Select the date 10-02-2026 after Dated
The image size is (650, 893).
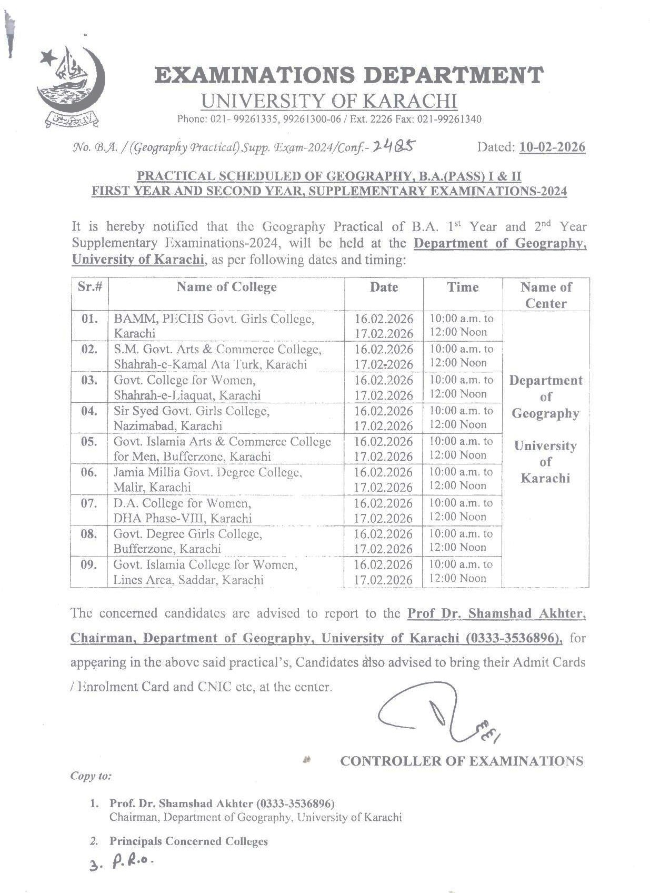pos(552,147)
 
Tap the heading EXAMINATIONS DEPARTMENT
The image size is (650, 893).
pos(348,75)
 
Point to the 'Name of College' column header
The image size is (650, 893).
pos(226,287)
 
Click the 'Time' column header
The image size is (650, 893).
pos(463,287)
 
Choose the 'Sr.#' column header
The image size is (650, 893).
pos(89,287)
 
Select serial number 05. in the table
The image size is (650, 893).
pos(89,442)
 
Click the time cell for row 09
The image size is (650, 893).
pos(462,571)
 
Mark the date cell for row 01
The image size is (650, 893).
pos(384,326)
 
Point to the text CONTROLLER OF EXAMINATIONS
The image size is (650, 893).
pos(462,761)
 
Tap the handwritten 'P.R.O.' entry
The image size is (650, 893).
pos(132,862)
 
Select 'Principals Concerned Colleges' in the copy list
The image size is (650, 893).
pos(188,841)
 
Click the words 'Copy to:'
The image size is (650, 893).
pos(91,776)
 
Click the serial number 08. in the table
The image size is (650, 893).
pos(89,534)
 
